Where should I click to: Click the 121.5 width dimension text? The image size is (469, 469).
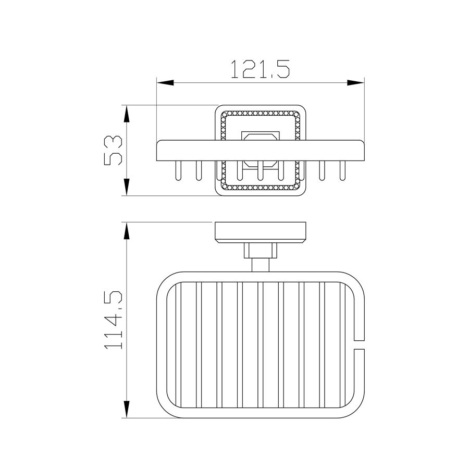(x=261, y=69)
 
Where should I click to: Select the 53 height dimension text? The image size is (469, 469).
(x=113, y=150)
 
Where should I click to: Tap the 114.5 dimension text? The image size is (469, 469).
(x=113, y=320)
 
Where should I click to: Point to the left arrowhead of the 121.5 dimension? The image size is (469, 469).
(x=165, y=83)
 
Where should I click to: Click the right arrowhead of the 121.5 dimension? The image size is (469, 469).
(x=355, y=83)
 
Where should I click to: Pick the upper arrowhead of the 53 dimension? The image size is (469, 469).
(x=127, y=114)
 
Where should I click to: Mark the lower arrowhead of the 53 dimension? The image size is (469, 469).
(x=127, y=187)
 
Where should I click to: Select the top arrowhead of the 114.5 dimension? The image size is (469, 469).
(x=127, y=231)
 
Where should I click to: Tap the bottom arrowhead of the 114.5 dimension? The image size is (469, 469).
(x=127, y=409)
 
